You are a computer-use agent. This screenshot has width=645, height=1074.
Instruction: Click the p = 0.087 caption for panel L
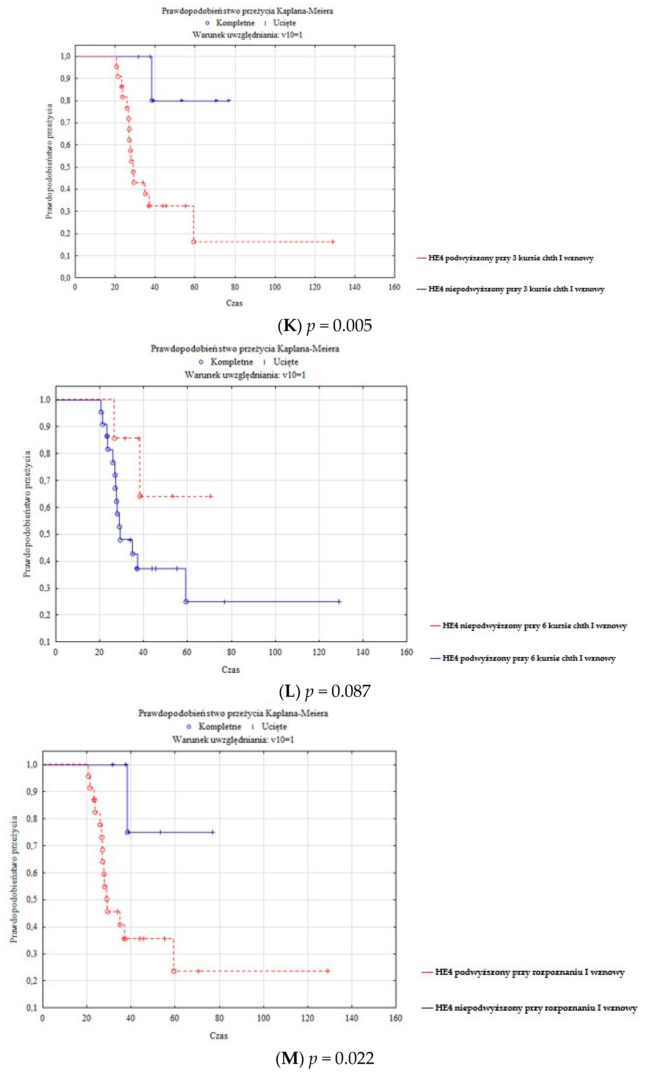(x=325, y=691)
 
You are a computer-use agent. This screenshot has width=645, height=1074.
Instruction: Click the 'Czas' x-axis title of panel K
(x=234, y=303)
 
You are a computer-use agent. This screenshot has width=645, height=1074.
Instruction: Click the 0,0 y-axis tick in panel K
(x=65, y=278)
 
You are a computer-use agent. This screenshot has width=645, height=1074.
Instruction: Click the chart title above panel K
(x=247, y=11)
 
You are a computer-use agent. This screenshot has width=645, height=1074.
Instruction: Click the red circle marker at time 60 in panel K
(x=194, y=242)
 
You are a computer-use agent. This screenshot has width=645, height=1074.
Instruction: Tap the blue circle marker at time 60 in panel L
(x=186, y=602)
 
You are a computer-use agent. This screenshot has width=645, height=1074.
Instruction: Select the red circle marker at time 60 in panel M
(x=174, y=971)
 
